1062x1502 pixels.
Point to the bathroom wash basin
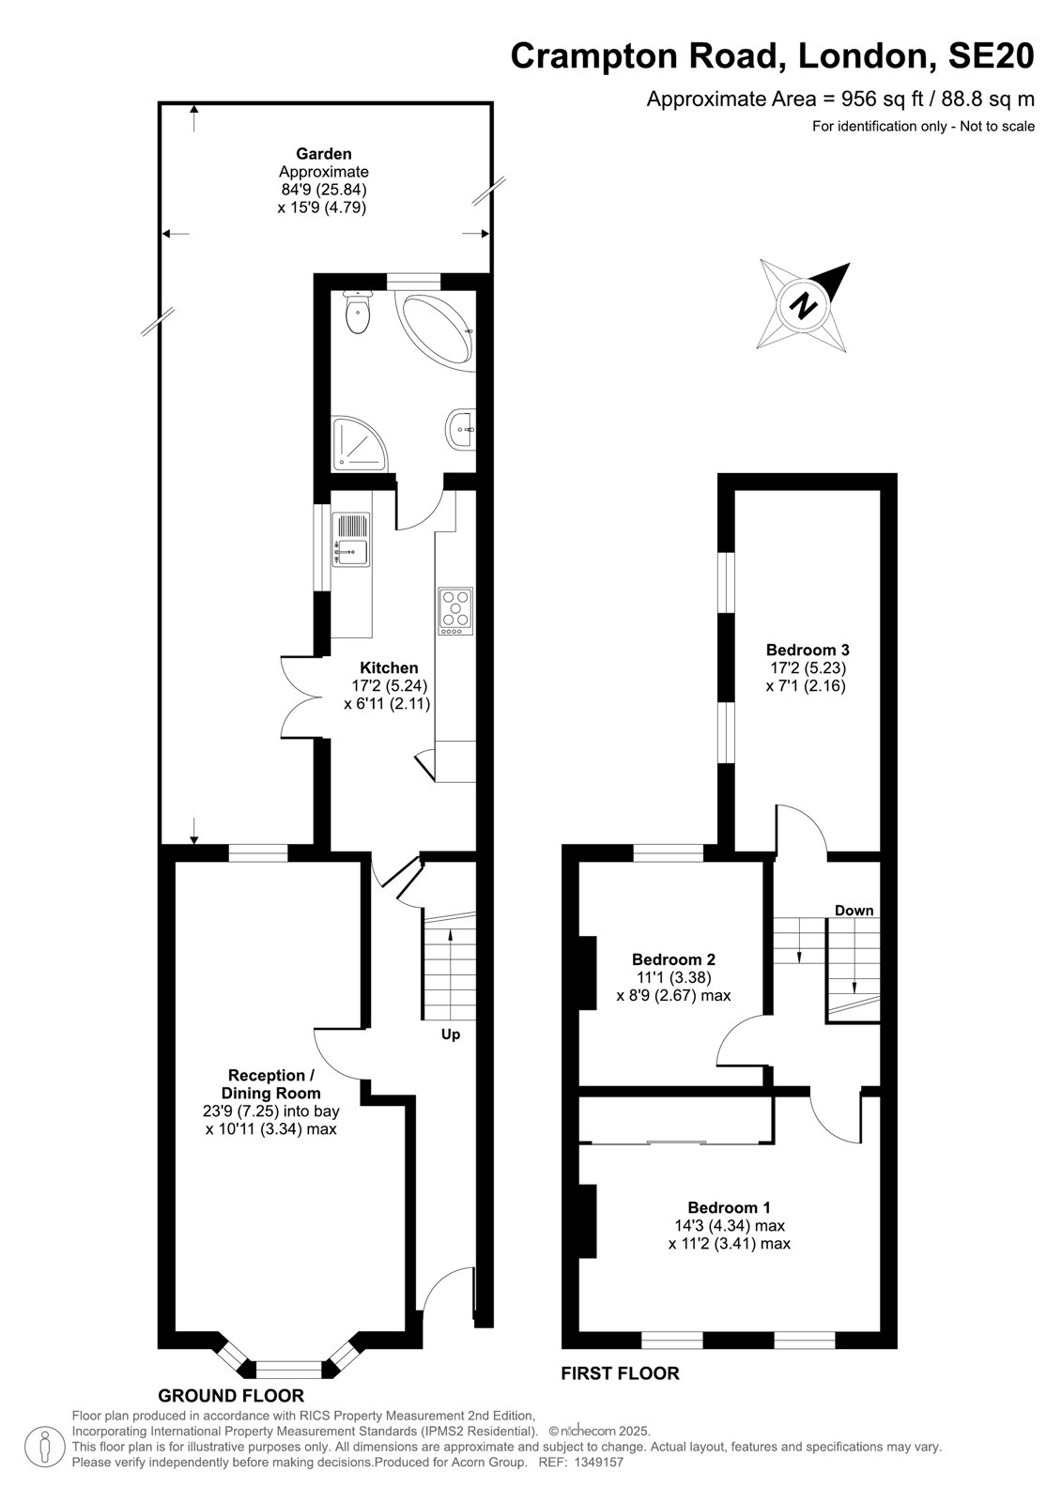click(461, 428)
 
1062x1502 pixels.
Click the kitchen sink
click(351, 539)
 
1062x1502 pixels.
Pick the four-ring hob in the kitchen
click(455, 611)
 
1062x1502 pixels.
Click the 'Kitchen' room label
click(389, 667)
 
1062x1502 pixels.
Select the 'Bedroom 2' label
click(673, 959)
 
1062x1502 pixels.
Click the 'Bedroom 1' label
click(730, 1207)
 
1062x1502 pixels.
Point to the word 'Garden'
click(324, 154)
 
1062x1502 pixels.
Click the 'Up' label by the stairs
click(451, 1035)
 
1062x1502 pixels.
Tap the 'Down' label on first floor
click(854, 910)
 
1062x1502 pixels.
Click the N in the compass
click(804, 306)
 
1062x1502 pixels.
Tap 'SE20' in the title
click(991, 55)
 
